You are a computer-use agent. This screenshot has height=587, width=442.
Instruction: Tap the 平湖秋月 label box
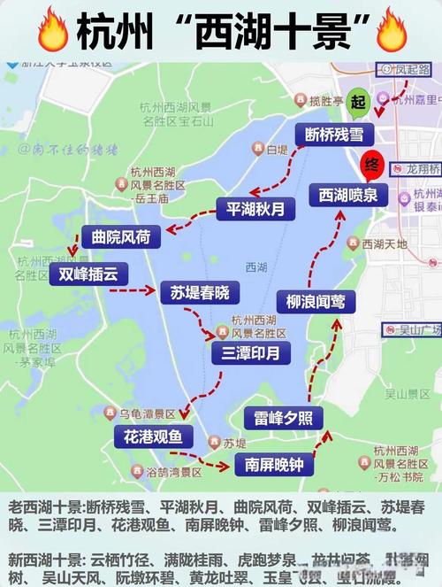(x=251, y=210)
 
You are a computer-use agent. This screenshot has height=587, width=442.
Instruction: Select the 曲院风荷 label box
(x=121, y=236)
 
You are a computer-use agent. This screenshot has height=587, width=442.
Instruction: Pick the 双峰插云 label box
(x=88, y=274)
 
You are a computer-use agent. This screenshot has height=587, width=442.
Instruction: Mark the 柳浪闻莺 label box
(x=316, y=302)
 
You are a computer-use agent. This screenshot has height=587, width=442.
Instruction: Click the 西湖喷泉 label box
(x=347, y=194)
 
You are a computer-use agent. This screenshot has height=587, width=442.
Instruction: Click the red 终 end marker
(x=371, y=165)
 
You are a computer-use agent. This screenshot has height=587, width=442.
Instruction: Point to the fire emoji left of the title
(x=54, y=31)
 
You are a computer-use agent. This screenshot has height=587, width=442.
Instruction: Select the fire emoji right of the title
(x=391, y=31)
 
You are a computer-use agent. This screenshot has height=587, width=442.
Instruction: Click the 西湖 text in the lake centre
(x=256, y=266)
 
